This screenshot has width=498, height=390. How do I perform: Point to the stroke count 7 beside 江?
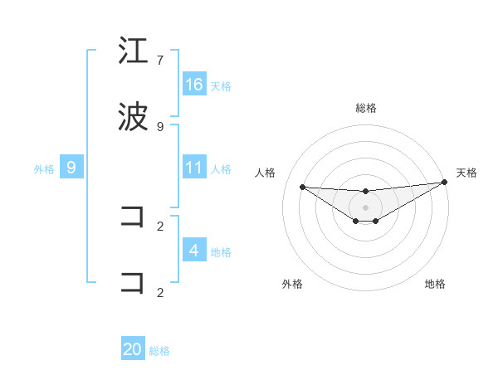point(160,61)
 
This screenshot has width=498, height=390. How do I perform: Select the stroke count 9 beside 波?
point(160,126)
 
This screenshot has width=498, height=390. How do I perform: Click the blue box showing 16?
point(194,84)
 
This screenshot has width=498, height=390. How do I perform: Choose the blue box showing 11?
point(194,167)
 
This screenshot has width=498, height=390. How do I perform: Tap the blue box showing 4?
point(194,250)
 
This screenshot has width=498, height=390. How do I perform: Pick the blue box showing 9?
point(71,168)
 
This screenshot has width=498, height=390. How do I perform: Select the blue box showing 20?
point(133,349)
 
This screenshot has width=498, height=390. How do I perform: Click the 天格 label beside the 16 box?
point(221,85)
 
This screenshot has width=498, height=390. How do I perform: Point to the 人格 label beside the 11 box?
point(221,168)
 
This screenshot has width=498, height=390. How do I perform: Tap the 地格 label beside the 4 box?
point(221,251)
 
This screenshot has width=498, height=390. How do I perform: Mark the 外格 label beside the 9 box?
point(44,169)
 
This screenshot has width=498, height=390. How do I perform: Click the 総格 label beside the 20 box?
point(159,351)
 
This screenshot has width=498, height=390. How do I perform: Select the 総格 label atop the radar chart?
point(366,108)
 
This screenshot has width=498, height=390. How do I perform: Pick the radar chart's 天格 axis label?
point(466,173)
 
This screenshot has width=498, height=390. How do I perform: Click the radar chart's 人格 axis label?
point(266,173)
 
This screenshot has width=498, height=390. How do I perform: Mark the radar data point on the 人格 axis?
point(302,187)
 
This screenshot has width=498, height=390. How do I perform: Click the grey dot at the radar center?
point(366,207)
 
